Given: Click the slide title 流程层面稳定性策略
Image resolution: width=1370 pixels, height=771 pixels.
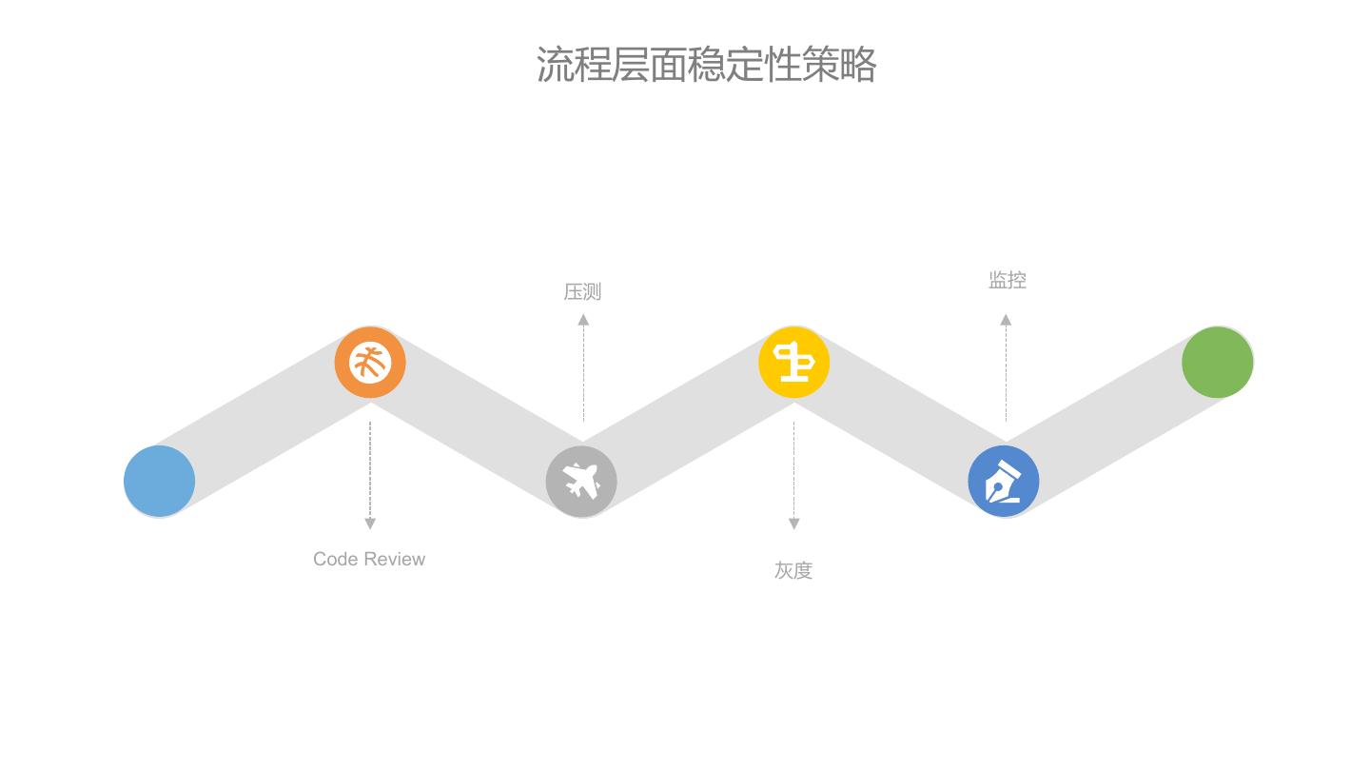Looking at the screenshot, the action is [705, 65].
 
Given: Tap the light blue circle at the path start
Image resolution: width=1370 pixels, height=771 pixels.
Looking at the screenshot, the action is [160, 481].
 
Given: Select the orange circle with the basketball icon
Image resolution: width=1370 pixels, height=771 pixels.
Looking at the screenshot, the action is [370, 363].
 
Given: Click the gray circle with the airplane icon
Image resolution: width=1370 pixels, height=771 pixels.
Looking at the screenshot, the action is [581, 481].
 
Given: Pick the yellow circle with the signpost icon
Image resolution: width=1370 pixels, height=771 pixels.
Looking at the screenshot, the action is [793, 363].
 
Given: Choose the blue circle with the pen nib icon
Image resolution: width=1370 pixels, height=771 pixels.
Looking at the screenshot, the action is [1004, 481].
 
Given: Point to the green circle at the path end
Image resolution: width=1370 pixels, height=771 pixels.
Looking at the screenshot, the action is [1217, 363].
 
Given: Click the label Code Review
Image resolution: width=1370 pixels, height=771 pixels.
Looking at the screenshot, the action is [369, 559].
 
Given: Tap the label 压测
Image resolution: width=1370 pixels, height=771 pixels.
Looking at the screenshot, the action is [582, 291].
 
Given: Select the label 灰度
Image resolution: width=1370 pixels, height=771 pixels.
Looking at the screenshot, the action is [793, 570].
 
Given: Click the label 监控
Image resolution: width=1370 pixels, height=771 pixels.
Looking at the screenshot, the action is [1007, 280].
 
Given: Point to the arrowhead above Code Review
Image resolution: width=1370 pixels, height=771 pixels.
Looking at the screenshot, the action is [370, 524].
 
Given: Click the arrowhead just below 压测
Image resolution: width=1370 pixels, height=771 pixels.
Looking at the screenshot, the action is [583, 320].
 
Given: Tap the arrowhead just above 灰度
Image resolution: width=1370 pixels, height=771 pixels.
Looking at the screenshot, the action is [794, 524].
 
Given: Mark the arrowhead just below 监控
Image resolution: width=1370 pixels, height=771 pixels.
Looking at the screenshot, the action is [1006, 320].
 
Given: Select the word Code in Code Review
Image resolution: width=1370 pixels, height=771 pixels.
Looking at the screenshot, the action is [335, 559].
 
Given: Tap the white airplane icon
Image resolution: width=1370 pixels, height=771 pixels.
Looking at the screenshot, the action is [581, 480].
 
